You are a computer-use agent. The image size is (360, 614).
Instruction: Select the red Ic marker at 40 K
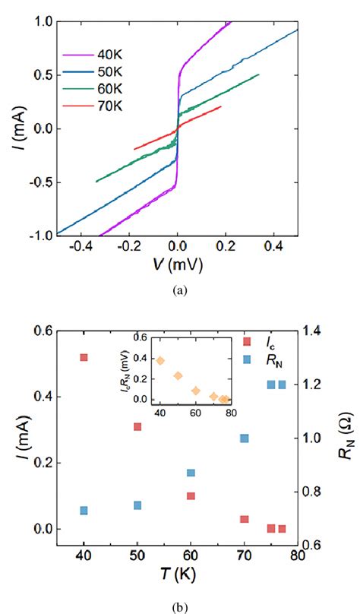[x=84, y=357]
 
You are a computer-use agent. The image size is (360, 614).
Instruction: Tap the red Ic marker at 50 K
[x=137, y=426]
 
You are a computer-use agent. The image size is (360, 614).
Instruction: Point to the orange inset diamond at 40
[x=160, y=360]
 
